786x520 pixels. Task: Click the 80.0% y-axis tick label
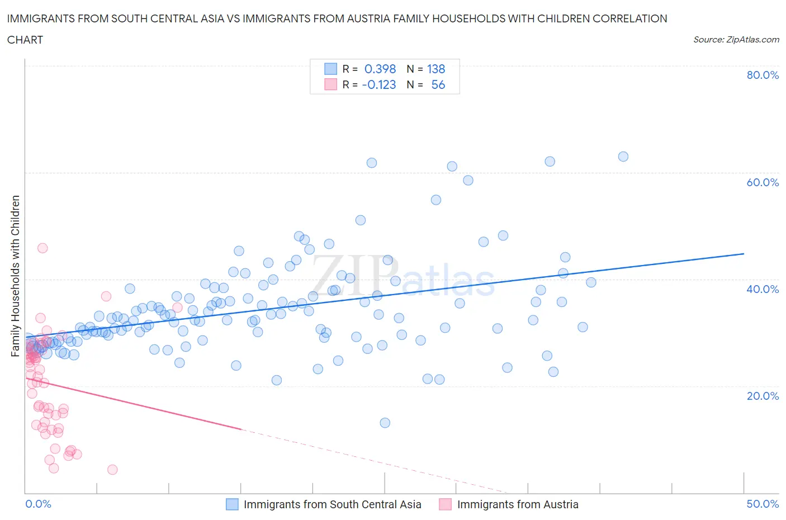[763, 75]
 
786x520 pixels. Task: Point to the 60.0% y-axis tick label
[763, 182]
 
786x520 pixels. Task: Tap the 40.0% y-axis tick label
[763, 289]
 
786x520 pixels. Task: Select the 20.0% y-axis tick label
[763, 396]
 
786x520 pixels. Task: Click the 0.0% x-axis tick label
[38, 504]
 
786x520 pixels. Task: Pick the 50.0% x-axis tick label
[763, 504]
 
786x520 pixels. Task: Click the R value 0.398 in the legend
[380, 69]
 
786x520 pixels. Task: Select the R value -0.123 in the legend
[379, 84]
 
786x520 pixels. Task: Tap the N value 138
[436, 69]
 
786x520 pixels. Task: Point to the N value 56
[438, 84]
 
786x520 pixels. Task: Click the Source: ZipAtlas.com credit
[736, 39]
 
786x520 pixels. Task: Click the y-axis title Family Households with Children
[15, 276]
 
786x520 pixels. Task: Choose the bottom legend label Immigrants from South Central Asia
[332, 504]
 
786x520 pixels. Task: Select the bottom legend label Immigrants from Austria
[517, 504]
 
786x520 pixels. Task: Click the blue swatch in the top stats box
[330, 69]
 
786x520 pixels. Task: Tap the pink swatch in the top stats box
[330, 84]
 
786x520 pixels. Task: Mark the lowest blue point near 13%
[385, 423]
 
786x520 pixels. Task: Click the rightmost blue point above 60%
[623, 157]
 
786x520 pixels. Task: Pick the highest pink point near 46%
[42, 248]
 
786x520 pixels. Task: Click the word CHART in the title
[25, 40]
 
